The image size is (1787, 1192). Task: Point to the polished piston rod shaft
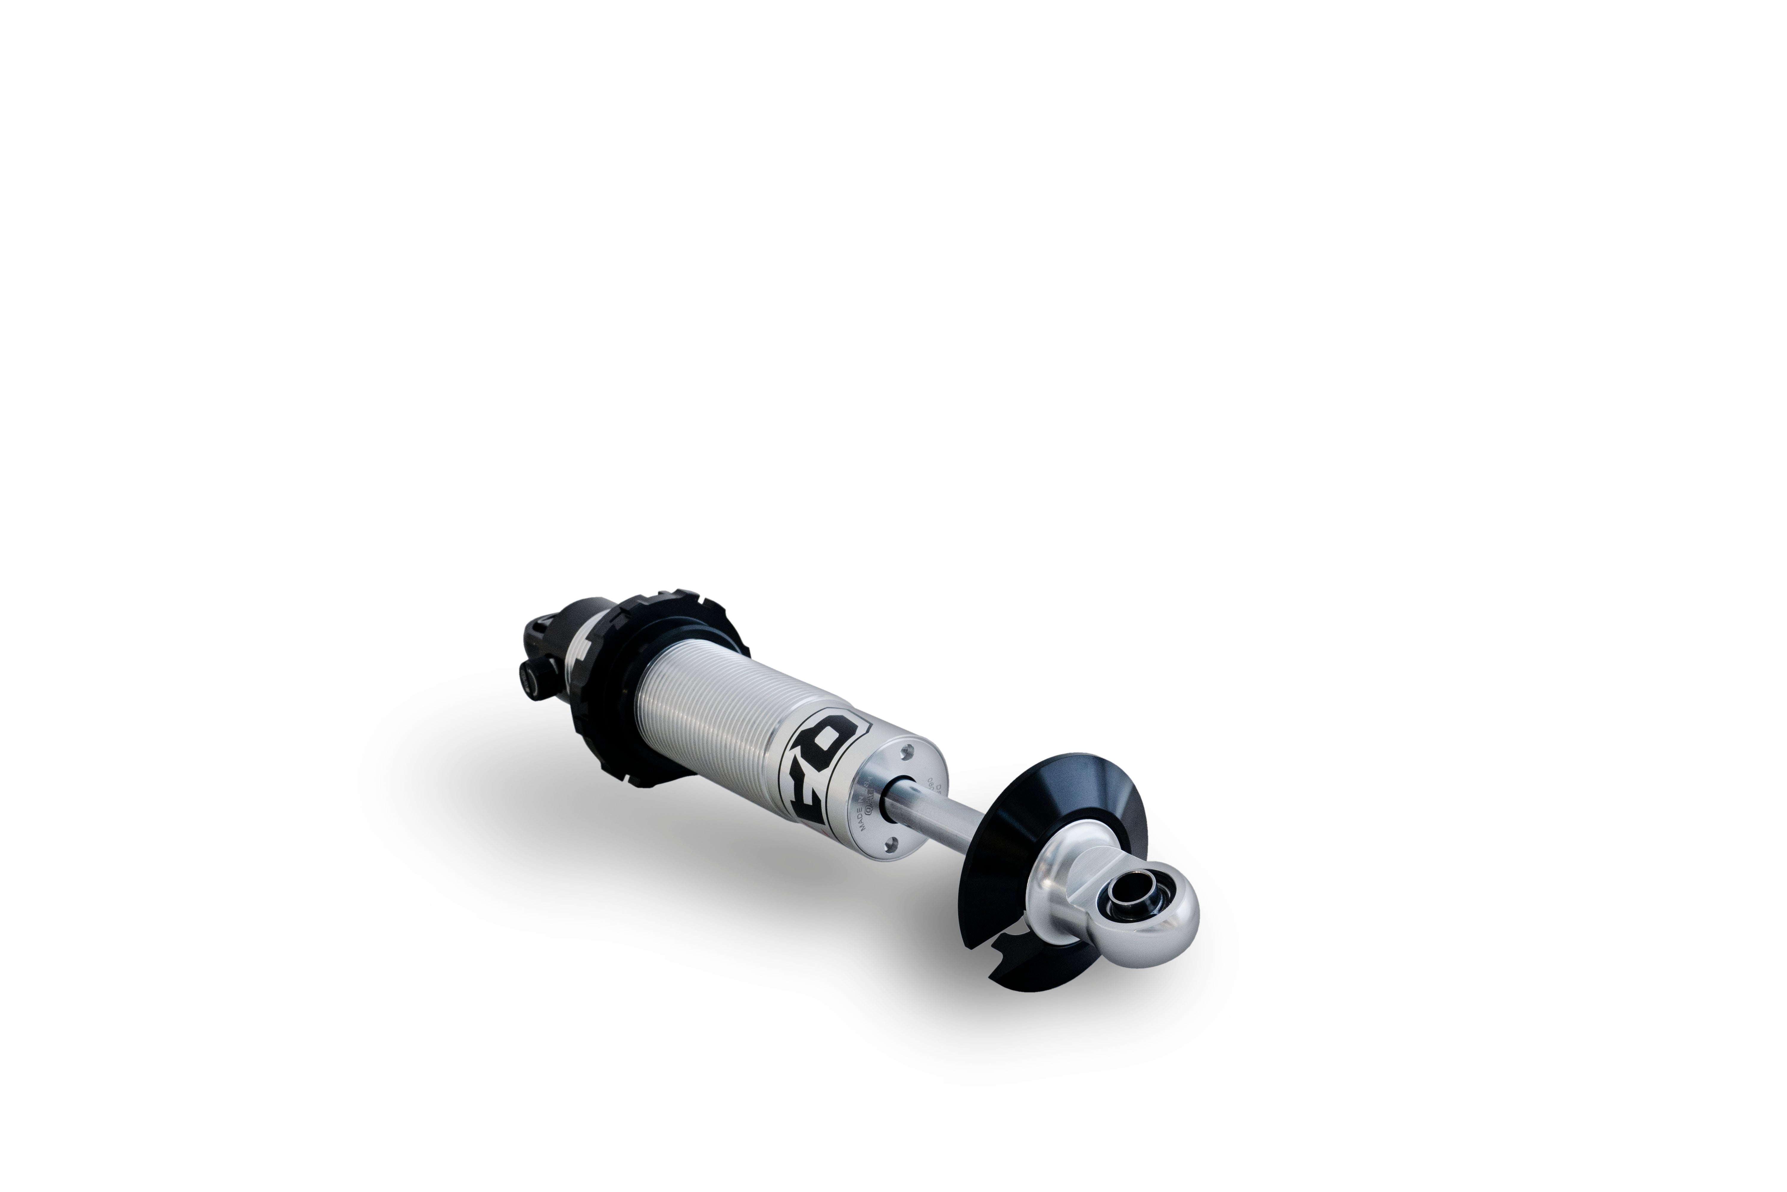tap(942, 817)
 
